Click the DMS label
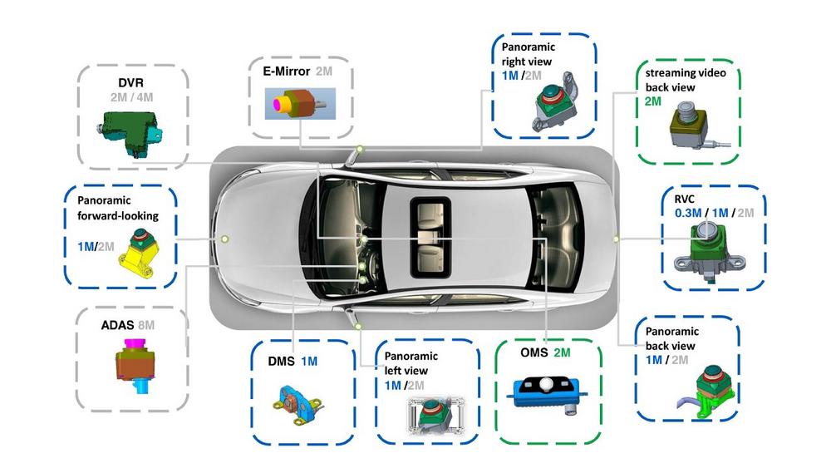(x=280, y=362)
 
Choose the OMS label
(x=534, y=353)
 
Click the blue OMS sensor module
(x=544, y=391)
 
